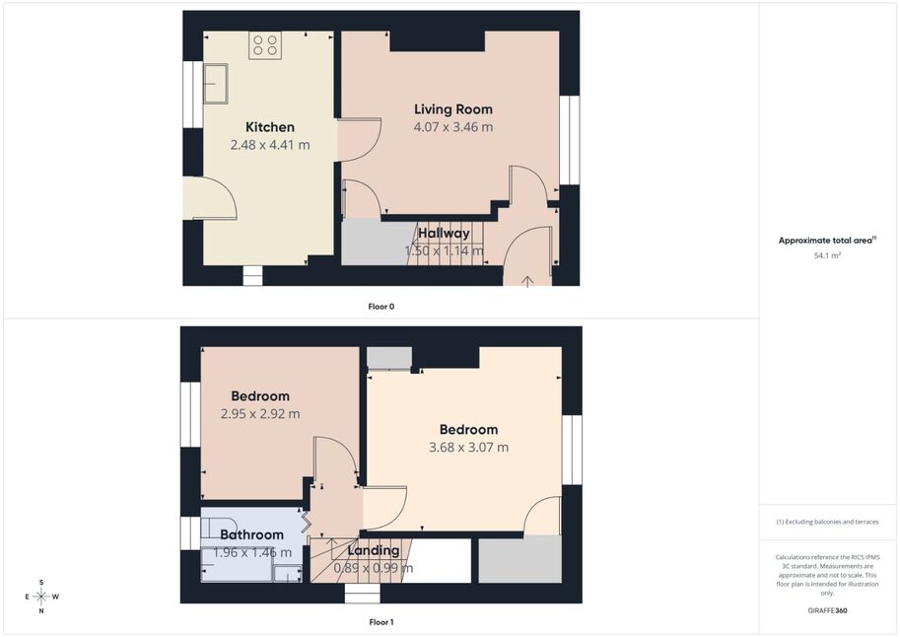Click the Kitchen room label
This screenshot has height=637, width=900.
tap(270, 127)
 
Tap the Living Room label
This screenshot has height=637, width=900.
tap(453, 109)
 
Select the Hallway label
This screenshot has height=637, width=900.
tap(444, 233)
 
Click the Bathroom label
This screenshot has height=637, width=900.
tap(252, 534)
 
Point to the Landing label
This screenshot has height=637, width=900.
tap(374, 551)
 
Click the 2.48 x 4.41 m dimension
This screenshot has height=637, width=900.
tap(270, 145)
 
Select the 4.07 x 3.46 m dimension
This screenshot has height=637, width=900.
tap(453, 127)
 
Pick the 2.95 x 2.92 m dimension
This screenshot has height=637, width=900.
tap(260, 413)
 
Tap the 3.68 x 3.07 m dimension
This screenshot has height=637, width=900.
tap(468, 447)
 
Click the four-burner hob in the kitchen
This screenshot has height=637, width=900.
tap(265, 44)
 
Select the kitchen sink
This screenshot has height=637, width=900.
tap(216, 83)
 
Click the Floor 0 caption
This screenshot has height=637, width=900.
tap(381, 307)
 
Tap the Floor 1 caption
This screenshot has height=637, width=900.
tap(381, 622)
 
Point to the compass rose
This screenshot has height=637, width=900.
tap(41, 597)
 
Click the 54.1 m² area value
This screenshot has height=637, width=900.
tap(828, 255)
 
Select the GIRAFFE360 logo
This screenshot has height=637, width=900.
tap(827, 610)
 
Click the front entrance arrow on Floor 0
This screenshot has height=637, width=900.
tap(527, 281)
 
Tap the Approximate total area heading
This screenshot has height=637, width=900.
tap(827, 241)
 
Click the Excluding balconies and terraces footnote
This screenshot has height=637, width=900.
tap(827, 522)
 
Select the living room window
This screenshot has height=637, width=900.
tap(570, 140)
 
